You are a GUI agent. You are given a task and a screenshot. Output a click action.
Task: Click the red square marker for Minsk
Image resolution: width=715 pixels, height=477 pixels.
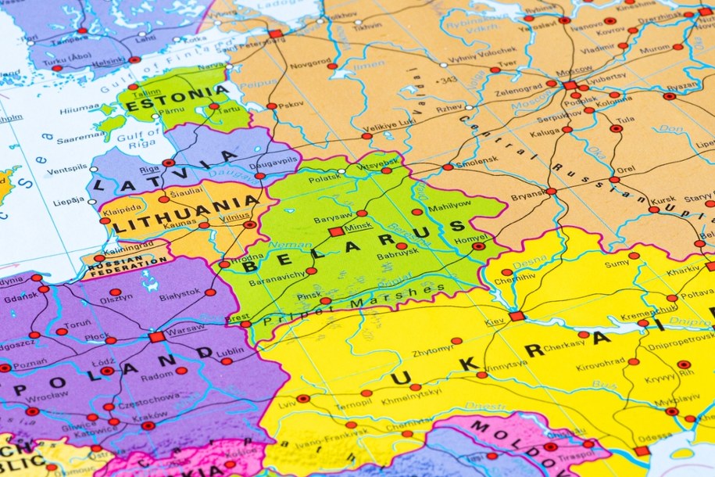point(337,231)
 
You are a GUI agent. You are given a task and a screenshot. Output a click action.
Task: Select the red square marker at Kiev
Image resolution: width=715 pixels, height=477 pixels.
point(516,316)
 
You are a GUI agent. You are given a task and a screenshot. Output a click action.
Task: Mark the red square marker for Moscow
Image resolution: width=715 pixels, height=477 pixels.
point(570,85)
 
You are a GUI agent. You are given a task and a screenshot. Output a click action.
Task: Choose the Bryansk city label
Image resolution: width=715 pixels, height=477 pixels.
point(529,196)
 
